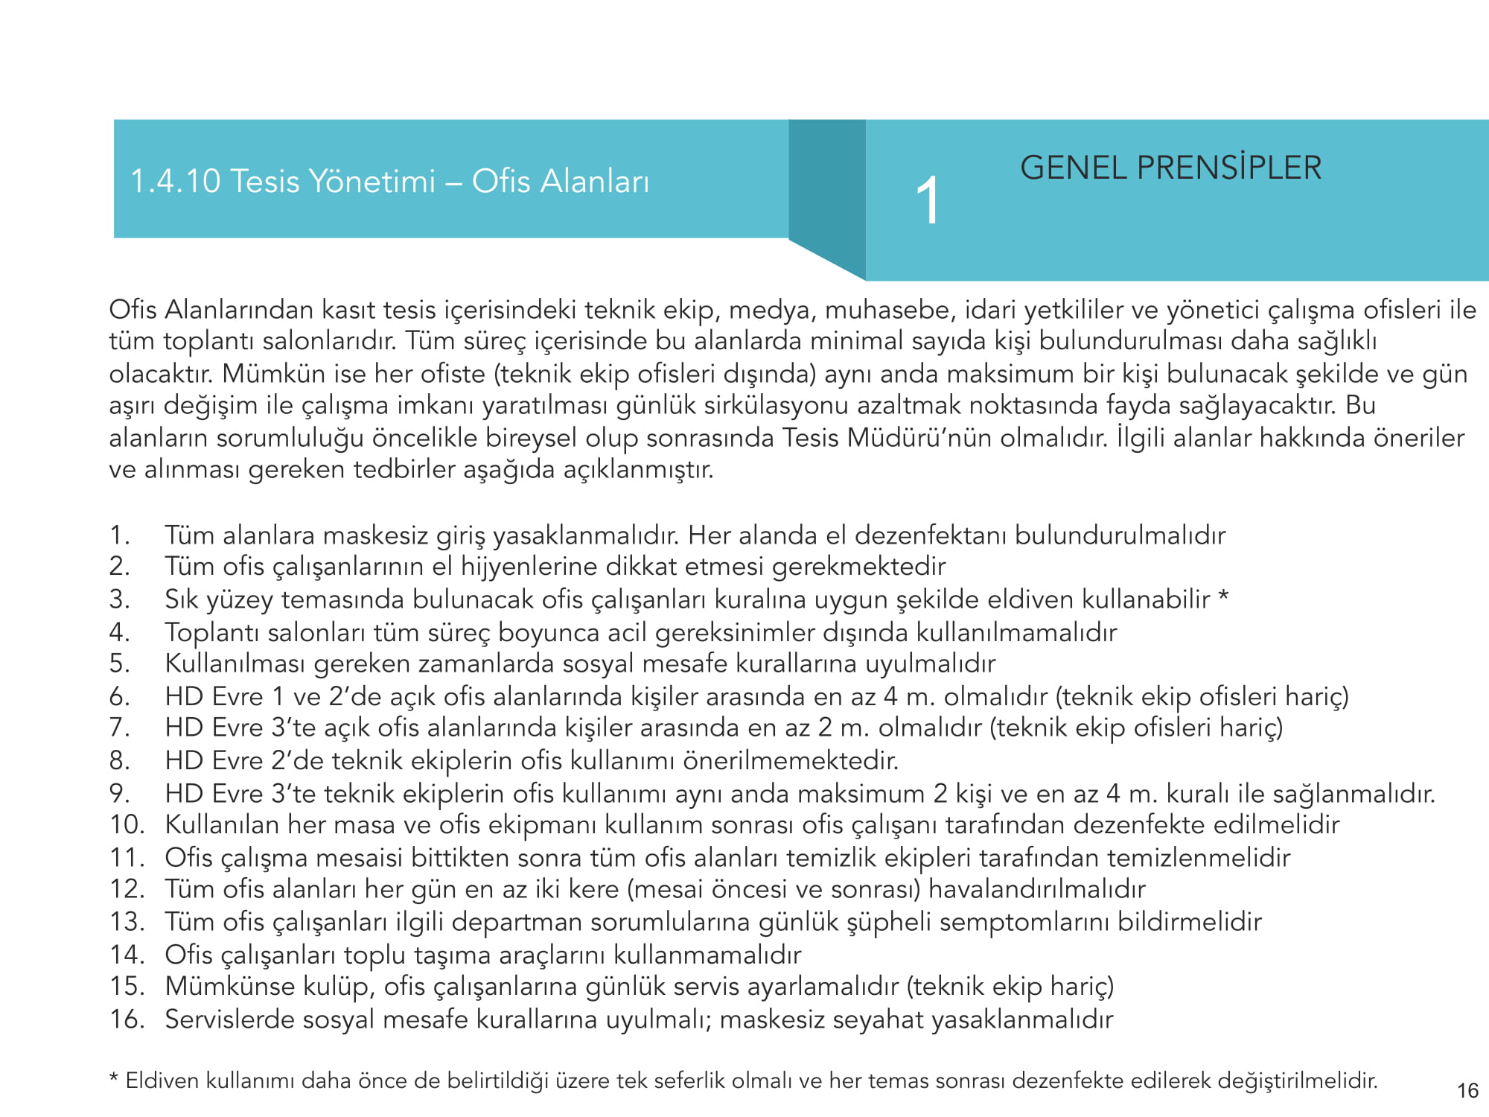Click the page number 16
(x=1467, y=1091)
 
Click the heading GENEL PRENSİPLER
(x=1170, y=168)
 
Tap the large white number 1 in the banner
(x=928, y=200)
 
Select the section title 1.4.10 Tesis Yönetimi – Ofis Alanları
(x=389, y=181)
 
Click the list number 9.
(x=119, y=793)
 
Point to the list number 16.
(x=127, y=1019)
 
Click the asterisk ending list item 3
(x=1223, y=597)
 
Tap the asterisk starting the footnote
(x=114, y=1079)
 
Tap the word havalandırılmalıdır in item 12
(x=1036, y=889)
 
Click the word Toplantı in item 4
(x=212, y=632)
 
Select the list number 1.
(x=119, y=535)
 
